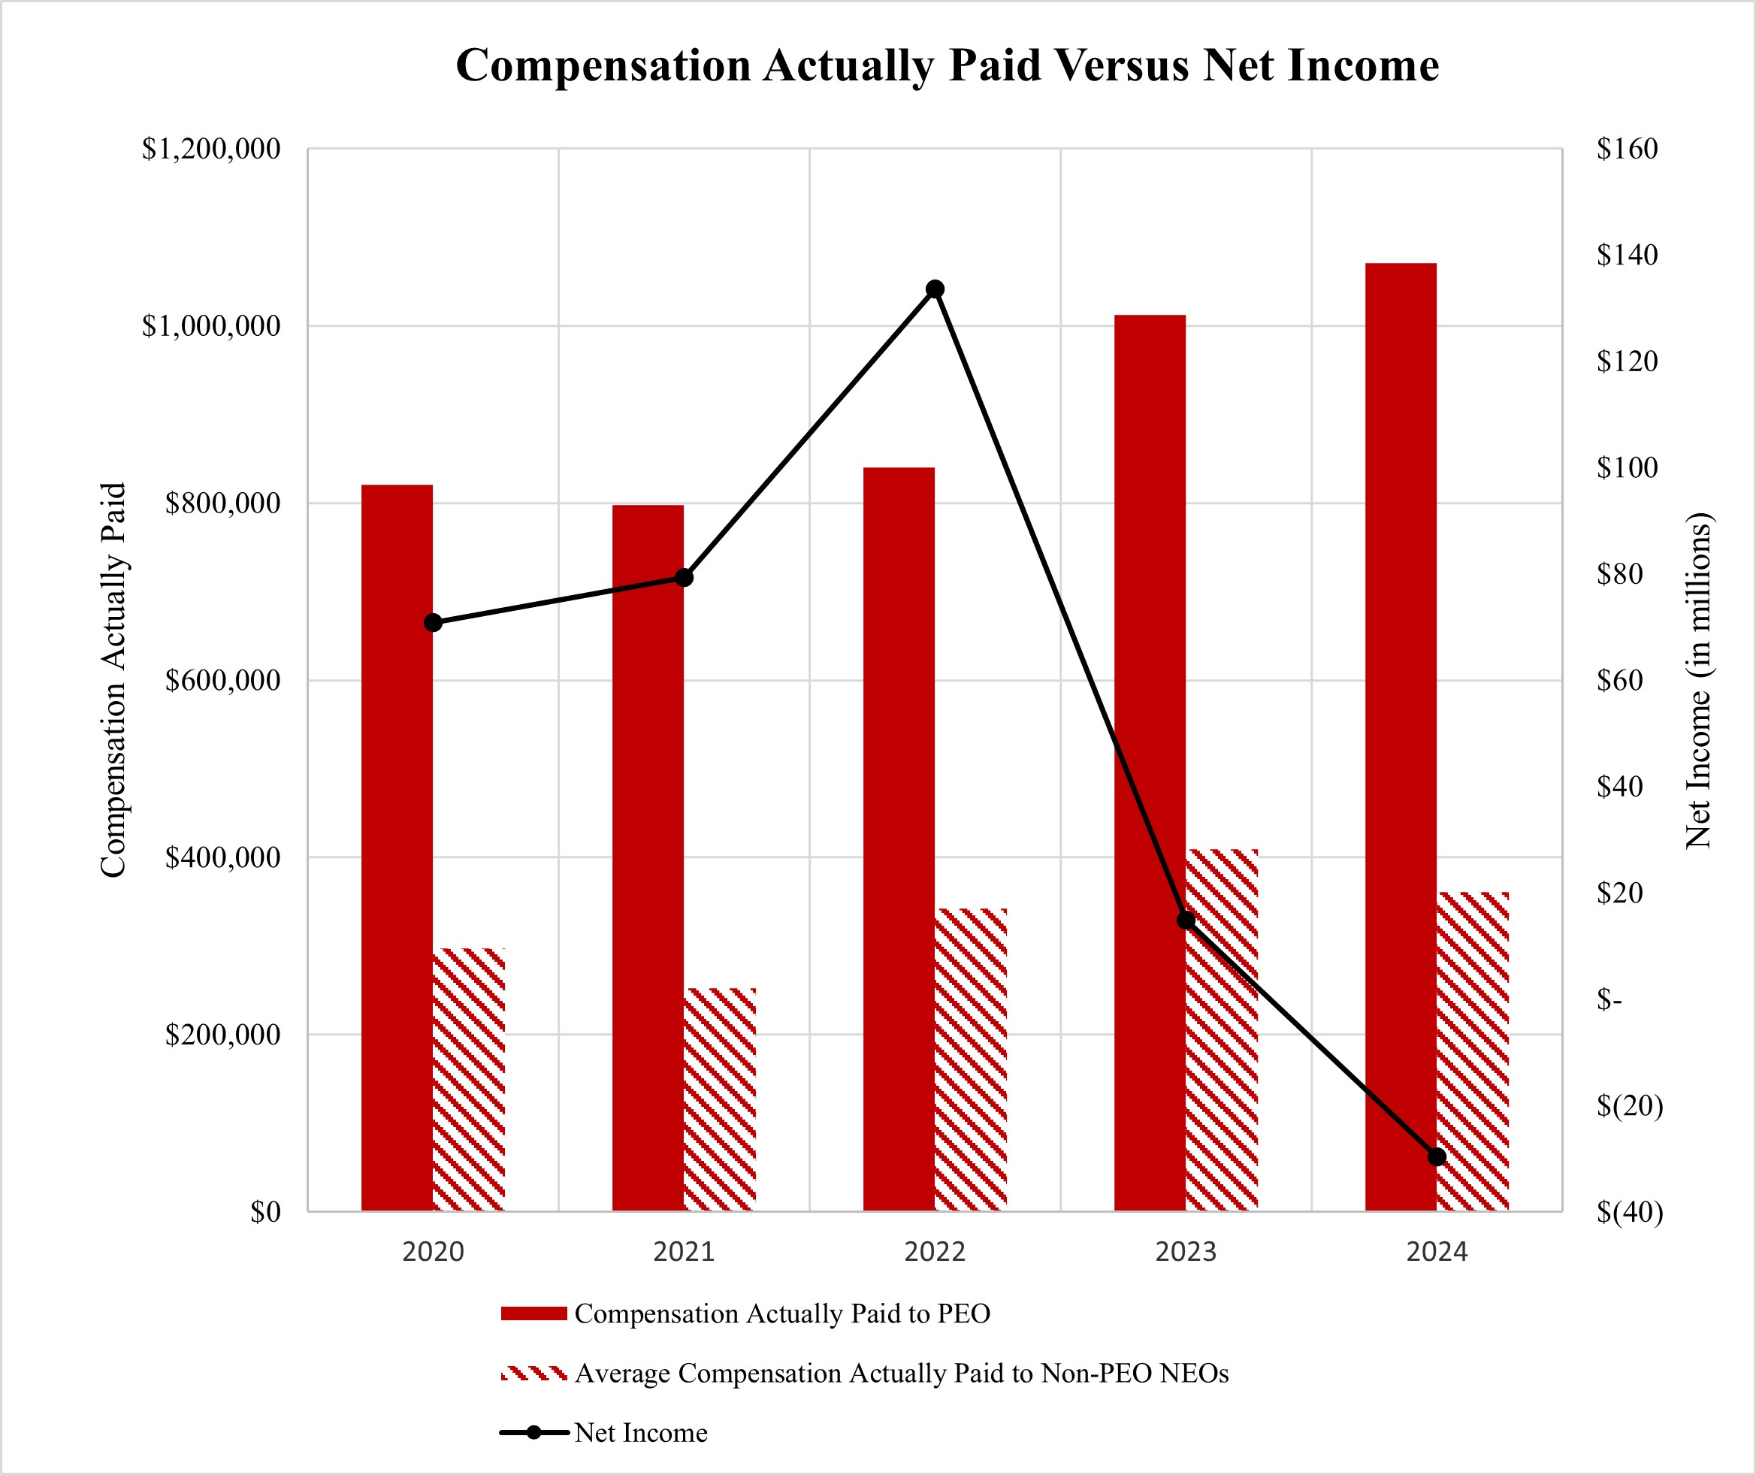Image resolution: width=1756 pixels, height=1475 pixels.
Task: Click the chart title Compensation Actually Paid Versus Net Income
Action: point(947,65)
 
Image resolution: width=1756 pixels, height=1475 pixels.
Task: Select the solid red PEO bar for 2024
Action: point(1401,736)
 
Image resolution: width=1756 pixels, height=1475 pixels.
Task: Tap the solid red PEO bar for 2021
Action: point(647,857)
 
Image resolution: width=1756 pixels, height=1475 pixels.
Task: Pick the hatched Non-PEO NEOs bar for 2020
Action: point(469,1080)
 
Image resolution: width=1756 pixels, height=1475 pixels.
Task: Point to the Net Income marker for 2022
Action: point(935,289)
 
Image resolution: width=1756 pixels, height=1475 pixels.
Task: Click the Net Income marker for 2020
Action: point(433,623)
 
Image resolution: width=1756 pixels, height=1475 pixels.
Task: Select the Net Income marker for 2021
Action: point(684,578)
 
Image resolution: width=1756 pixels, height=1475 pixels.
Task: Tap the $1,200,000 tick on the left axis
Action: point(210,149)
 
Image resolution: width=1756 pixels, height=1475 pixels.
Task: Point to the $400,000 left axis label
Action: point(222,858)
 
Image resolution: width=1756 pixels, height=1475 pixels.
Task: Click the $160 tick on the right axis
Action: point(1627,149)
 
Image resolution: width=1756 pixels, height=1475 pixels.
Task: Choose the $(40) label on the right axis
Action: point(1629,1211)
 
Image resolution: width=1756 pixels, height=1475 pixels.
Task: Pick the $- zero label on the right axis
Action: point(1609,999)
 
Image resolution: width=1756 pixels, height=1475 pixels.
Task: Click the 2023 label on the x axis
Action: point(1186,1252)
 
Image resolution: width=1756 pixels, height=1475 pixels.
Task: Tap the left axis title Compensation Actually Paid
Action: point(113,680)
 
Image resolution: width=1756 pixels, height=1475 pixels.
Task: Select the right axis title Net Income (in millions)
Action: point(1697,680)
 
